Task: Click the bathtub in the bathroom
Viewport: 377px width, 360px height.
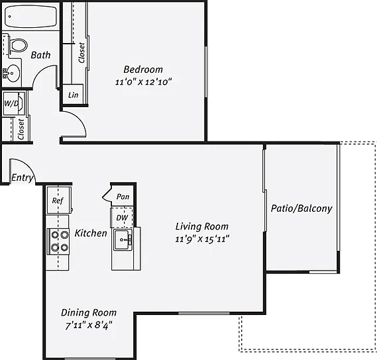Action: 30,17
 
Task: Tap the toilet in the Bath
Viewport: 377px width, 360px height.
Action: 17,45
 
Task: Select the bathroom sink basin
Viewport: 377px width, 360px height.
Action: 11,73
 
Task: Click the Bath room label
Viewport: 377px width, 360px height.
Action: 40,55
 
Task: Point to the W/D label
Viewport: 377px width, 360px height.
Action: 11,103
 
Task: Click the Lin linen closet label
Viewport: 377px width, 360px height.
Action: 73,95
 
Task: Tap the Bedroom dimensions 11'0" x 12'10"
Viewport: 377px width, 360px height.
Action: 143,82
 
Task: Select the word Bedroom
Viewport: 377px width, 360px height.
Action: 143,69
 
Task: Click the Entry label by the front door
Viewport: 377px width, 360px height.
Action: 22,178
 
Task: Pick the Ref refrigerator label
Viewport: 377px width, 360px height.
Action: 58,201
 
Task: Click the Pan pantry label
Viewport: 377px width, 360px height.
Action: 123,197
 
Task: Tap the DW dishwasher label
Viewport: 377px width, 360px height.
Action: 122,218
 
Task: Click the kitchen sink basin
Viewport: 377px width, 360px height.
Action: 123,240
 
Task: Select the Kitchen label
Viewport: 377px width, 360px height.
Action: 91,233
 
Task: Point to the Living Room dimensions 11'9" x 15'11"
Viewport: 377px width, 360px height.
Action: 202,239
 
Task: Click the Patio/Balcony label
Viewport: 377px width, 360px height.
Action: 301,208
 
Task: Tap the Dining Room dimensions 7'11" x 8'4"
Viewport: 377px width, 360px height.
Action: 89,326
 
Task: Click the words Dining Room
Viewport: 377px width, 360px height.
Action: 89,313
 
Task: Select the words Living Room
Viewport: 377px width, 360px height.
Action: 202,226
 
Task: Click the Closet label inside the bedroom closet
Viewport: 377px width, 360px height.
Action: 81,53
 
